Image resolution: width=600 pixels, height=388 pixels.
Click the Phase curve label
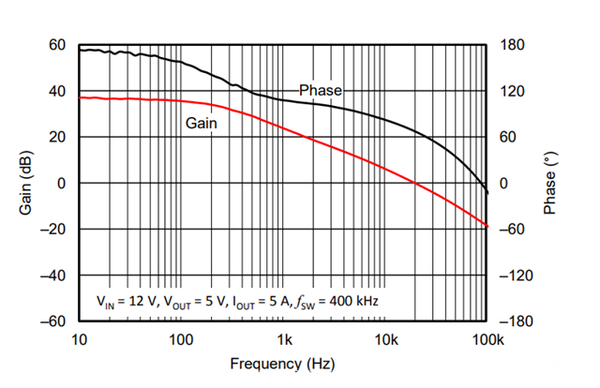pos(321,91)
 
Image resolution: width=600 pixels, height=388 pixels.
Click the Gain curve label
pos(201,122)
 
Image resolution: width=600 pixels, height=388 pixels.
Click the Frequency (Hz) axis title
pos(282,363)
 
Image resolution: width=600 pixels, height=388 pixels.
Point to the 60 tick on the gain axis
pos(57,45)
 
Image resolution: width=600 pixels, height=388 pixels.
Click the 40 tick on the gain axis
pos(57,91)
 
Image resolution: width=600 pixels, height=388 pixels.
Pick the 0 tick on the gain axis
pos(61,184)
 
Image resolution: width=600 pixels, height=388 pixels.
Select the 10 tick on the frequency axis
pos(79,339)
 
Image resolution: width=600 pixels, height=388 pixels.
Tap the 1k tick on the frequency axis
pos(283,339)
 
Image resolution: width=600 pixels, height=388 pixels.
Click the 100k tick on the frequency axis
pos(487,339)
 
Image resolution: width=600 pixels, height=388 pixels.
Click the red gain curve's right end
pos(487,226)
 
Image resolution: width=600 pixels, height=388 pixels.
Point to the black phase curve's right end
pos(487,193)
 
